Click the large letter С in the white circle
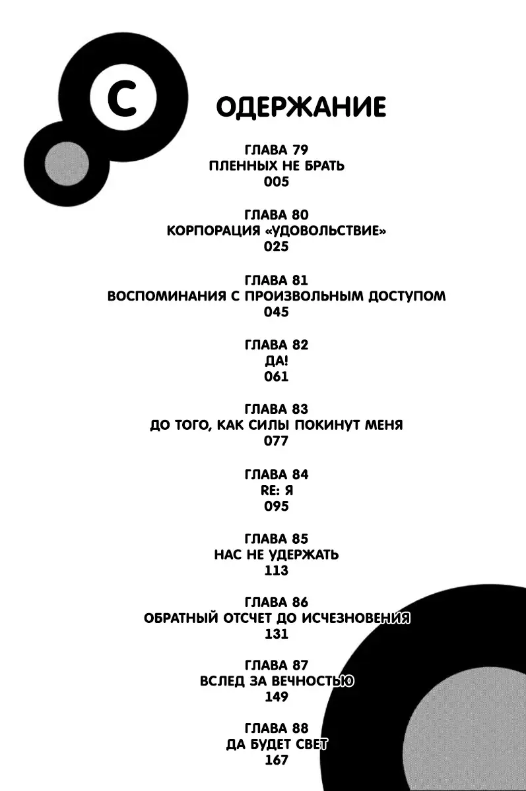(123, 98)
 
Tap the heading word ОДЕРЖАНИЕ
(301, 107)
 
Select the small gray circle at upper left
(67, 163)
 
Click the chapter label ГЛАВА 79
(277, 150)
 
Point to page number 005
(277, 181)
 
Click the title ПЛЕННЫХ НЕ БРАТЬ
(277, 165)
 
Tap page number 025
(277, 247)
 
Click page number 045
(277, 312)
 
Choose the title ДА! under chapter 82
(277, 361)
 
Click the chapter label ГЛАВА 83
(277, 409)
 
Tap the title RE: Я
(277, 490)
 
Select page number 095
(277, 506)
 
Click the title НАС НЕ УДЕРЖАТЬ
(277, 554)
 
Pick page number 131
(277, 634)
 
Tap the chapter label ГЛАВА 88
(277, 728)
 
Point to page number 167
(277, 760)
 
